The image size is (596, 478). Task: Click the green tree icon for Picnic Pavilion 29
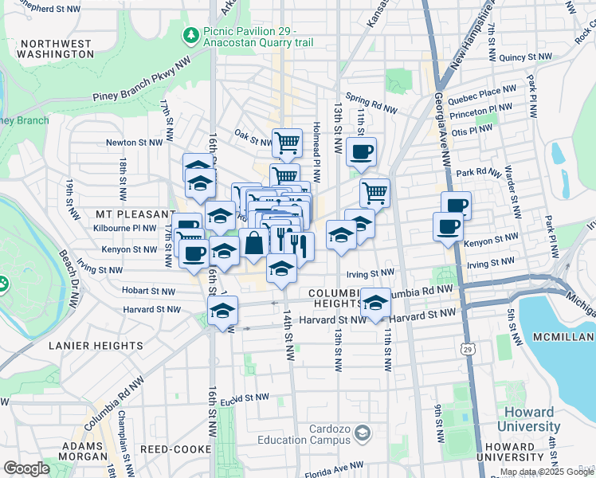click(x=190, y=35)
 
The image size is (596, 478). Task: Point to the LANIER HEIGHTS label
click(x=96, y=346)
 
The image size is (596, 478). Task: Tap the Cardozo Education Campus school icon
click(x=363, y=433)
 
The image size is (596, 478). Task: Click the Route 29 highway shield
click(x=468, y=348)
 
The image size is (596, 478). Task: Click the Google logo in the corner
click(x=26, y=468)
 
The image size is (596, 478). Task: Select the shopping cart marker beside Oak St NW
click(x=287, y=143)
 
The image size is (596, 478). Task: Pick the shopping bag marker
click(x=253, y=244)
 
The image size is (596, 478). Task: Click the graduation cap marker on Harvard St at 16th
click(x=223, y=311)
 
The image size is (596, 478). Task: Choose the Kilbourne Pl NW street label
click(x=127, y=228)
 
